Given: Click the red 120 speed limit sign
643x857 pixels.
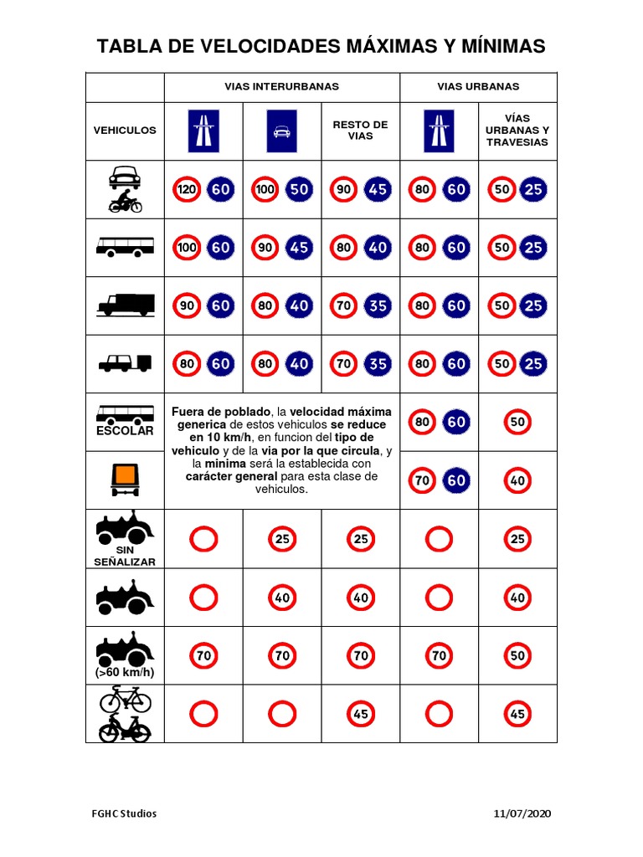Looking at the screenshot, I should [x=187, y=190].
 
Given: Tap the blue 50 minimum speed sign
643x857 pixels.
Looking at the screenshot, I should [x=299, y=190].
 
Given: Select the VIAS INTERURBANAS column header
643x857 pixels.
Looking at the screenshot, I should [x=281, y=87].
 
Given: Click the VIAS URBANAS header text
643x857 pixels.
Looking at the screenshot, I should [x=478, y=87].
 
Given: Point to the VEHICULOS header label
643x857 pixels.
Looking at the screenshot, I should [x=125, y=131].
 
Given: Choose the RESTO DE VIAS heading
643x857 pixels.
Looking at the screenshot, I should [x=360, y=131].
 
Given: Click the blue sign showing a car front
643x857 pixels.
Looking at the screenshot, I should [x=282, y=131].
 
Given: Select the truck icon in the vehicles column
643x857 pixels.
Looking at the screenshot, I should [x=126, y=305].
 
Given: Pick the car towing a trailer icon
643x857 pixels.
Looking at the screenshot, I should [x=126, y=363].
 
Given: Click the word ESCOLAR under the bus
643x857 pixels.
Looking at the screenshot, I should [x=126, y=431].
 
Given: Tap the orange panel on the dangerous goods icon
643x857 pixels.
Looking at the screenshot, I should [x=126, y=476].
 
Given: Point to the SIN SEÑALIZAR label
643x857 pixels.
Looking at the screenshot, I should [x=125, y=556].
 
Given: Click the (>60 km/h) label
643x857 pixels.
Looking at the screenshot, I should [x=126, y=672].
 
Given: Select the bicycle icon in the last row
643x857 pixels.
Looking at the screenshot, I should [x=126, y=698].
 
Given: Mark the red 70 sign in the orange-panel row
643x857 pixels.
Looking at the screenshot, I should [x=422, y=480].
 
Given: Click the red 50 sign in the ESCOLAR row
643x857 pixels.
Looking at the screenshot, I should [x=517, y=422].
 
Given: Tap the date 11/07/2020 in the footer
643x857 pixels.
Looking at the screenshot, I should [x=523, y=813].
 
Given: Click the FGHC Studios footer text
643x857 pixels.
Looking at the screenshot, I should [x=124, y=813].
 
